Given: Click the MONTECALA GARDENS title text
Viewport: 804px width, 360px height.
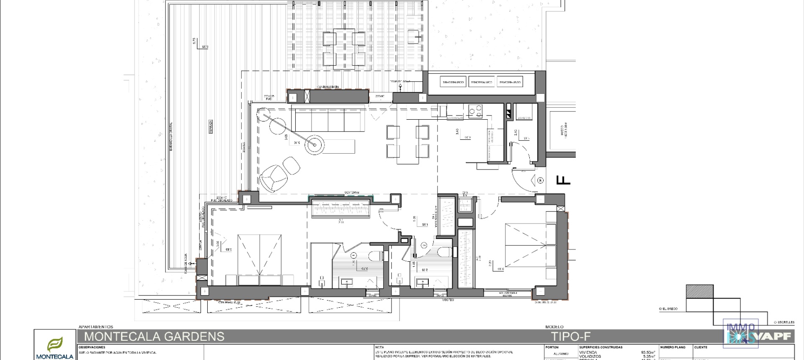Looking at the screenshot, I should point(154,337).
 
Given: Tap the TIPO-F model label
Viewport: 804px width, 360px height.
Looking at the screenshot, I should point(570,337).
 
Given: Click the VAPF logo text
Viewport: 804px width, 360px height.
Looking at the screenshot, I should point(775,337).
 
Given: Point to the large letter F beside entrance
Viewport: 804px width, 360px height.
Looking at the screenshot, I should point(563,180).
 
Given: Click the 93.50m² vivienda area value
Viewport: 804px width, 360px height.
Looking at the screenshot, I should point(648,352).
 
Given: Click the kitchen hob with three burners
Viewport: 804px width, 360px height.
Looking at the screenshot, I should point(475,111).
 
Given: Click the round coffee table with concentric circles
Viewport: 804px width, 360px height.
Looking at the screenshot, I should point(314,145).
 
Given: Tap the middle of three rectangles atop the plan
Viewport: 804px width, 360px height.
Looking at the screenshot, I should point(482,82).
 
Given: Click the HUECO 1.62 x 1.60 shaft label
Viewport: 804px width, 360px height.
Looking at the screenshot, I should point(562,132).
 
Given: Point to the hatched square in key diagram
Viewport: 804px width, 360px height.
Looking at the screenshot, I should point(699,291).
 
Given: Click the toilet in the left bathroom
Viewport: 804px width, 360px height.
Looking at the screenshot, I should point(376,255).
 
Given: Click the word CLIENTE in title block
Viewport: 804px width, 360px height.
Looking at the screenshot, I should point(701,347).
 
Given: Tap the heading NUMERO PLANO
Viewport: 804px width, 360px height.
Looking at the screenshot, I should point(673,347).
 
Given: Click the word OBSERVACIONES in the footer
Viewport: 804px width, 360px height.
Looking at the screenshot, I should point(92,347).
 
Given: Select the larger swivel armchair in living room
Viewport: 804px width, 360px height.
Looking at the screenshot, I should point(272,177).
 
